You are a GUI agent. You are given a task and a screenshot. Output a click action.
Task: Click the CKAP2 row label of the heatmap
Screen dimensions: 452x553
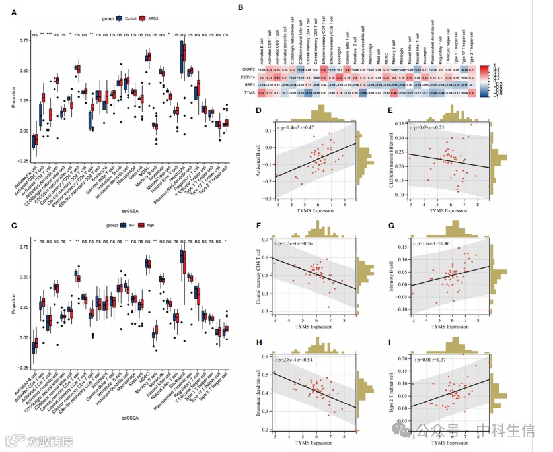pos(249,69)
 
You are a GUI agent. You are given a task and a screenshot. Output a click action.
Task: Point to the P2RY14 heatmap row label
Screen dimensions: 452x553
pos(248,77)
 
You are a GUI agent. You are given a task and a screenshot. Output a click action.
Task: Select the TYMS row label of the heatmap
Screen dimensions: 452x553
pos(250,94)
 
